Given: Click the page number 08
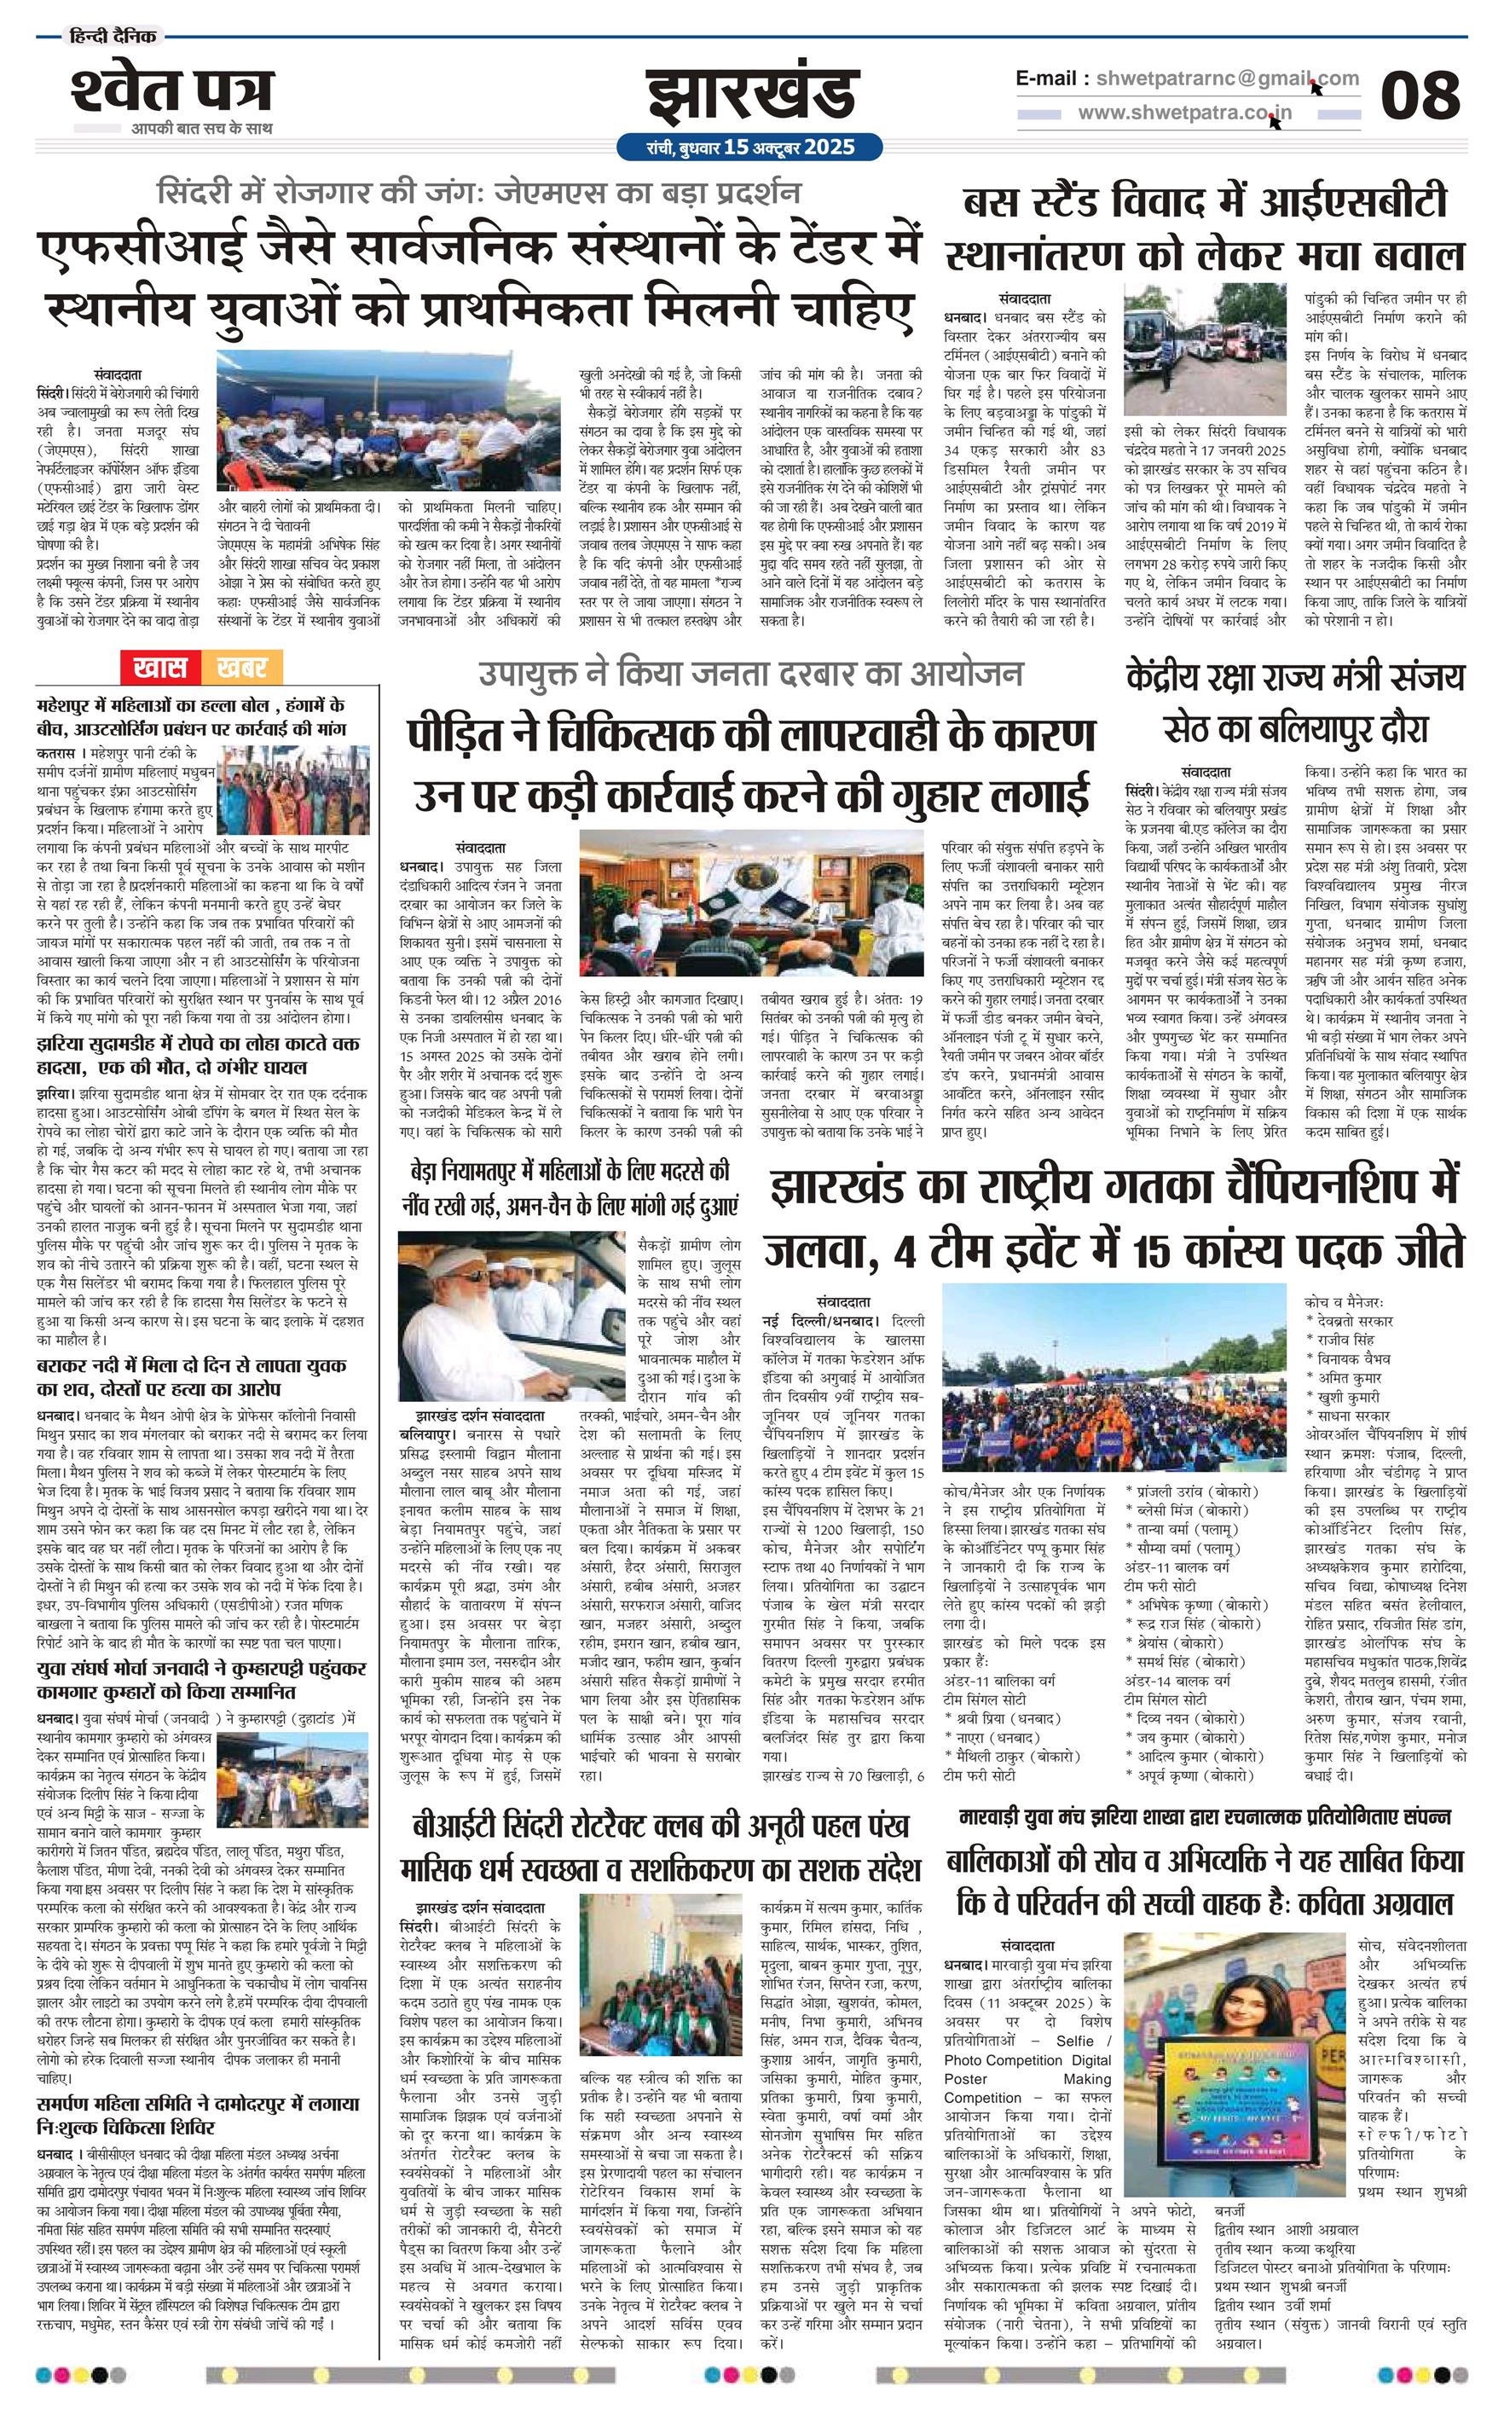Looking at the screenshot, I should [x=1420, y=96].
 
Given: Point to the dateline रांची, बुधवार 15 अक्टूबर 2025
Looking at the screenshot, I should [x=750, y=148].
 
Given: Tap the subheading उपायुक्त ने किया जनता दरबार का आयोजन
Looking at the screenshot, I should [x=750, y=675].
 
